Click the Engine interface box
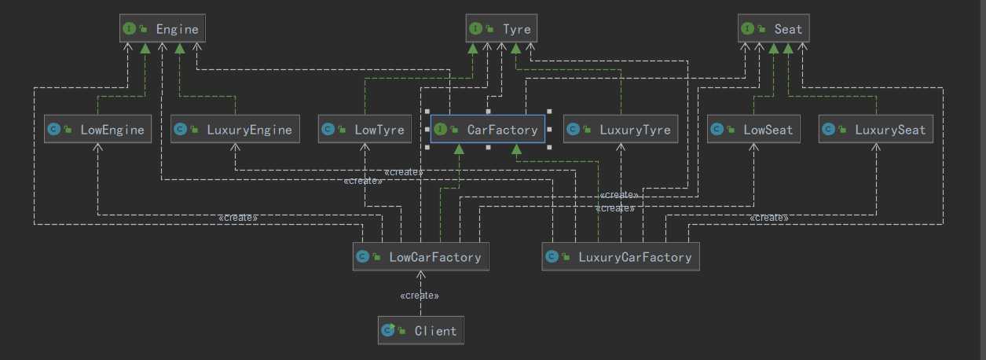point(163,29)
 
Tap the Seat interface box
point(774,29)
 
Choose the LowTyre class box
point(365,129)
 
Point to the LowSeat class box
point(753,129)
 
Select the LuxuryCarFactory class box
point(620,256)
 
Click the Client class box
point(420,330)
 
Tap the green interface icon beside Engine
point(128,29)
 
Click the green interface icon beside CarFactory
point(440,130)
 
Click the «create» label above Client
point(420,296)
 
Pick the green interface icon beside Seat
point(747,29)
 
